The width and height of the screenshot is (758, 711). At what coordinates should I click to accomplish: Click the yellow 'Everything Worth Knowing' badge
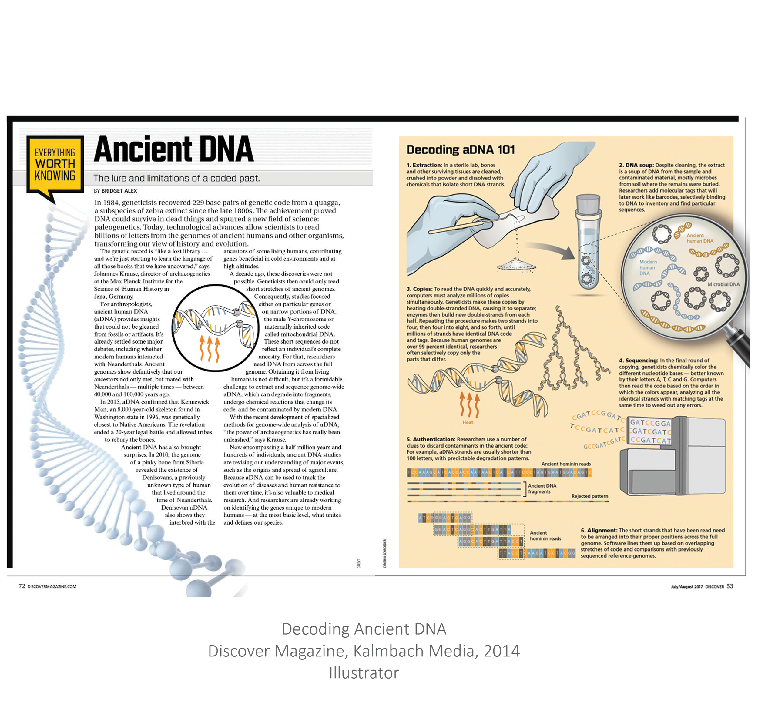click(55, 164)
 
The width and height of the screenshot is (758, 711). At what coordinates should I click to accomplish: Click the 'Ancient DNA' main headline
click(173, 149)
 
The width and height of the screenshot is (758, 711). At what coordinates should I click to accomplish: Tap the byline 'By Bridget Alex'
click(115, 191)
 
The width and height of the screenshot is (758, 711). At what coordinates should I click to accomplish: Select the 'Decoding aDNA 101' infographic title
click(460, 150)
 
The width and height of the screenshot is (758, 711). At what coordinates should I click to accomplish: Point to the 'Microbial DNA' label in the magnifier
click(723, 284)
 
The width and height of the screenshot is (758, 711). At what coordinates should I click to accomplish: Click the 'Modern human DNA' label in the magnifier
click(648, 268)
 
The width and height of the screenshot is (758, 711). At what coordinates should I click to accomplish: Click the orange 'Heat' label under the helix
click(468, 422)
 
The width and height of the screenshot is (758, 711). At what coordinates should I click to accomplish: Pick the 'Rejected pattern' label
click(589, 496)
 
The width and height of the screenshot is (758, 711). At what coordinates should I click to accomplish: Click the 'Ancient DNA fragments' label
click(542, 489)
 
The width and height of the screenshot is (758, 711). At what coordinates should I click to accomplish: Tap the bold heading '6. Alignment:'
click(599, 530)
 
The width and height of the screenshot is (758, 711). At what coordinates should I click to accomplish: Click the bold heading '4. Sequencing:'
click(638, 360)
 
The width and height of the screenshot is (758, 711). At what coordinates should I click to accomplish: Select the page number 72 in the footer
click(22, 586)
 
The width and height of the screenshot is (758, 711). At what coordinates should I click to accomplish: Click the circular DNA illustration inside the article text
click(216, 328)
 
